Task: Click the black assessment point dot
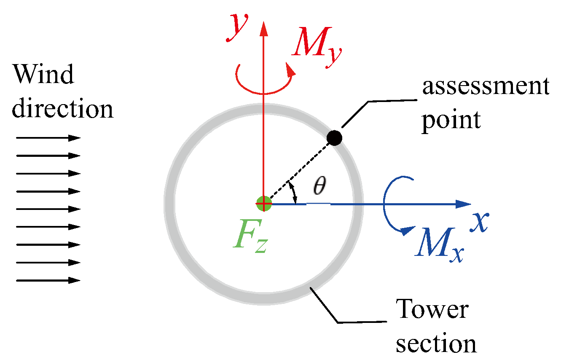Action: tap(334, 137)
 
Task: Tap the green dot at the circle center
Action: tap(264, 204)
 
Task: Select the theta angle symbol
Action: tap(319, 187)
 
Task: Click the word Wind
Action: tap(43, 75)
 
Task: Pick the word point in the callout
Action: tap(451, 120)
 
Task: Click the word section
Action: tap(437, 344)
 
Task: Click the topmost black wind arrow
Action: tap(48, 138)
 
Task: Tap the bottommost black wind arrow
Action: tap(48, 280)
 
